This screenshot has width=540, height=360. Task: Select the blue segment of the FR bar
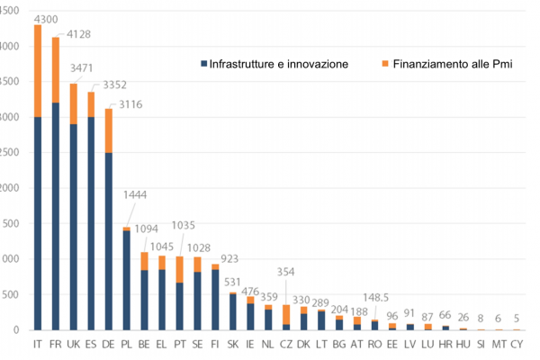coord(55,216)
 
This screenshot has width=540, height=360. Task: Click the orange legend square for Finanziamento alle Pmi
coord(385,64)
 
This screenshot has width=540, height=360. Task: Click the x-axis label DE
coord(108,345)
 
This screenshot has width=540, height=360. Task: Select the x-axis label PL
coord(126,345)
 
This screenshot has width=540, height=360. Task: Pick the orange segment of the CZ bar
coord(286,314)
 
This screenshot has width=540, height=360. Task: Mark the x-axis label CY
coord(516,345)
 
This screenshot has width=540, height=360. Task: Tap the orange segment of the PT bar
coord(180,269)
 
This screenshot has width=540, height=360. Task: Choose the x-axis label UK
coord(73,345)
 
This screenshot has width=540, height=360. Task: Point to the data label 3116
coord(128,105)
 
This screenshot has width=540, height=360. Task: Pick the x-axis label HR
coord(445,345)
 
